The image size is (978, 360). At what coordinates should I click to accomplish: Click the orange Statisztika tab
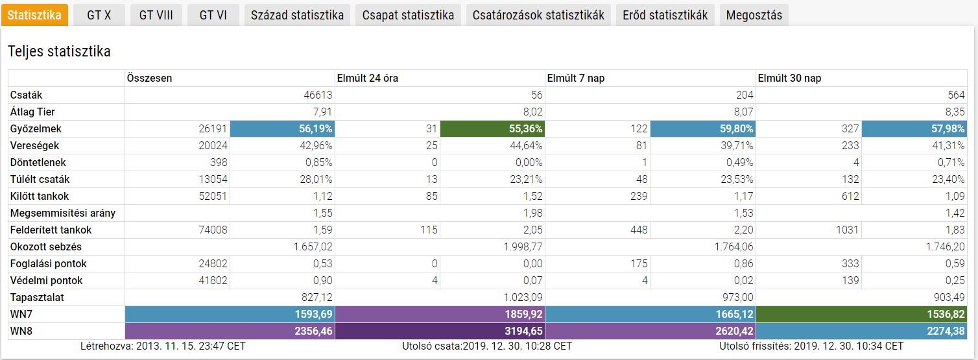34,15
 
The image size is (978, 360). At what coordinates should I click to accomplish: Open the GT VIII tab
156,15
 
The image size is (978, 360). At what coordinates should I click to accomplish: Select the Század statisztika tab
297,15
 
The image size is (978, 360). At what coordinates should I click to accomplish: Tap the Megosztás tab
754,15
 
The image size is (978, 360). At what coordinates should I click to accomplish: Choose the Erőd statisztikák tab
665,15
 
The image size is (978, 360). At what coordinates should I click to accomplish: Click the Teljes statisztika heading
59,51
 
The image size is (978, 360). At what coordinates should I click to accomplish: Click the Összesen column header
150,78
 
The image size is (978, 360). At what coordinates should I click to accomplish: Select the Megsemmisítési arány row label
63,213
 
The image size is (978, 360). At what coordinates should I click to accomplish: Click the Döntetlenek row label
38,162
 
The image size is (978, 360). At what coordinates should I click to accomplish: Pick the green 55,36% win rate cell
492,128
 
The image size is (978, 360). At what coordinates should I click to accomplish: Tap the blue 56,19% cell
281,128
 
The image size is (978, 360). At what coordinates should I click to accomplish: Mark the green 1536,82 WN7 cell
861,314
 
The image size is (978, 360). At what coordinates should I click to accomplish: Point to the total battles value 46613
318,95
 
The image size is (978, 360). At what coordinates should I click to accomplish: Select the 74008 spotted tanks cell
213,230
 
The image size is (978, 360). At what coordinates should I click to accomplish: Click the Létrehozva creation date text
163,346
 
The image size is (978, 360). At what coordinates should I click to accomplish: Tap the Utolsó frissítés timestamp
811,346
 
